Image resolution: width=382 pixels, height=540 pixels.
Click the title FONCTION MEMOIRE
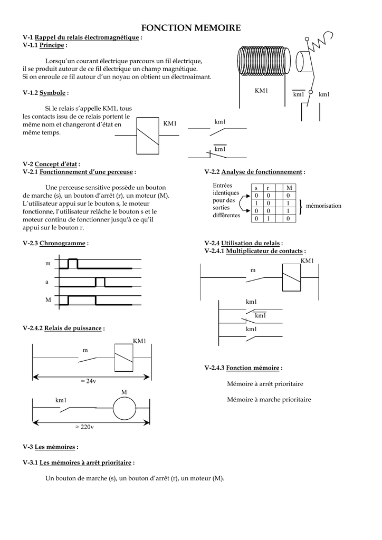pos(191,27)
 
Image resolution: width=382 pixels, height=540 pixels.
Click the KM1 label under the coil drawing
pos(262,91)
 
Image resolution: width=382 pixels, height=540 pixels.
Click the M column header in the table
pos(288,188)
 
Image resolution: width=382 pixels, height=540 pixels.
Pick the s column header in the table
pos(256,188)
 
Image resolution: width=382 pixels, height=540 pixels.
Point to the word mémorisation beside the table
pos(323,206)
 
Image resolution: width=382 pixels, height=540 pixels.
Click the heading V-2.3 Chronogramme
pos(55,243)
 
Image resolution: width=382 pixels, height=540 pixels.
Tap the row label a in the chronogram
pos(46,282)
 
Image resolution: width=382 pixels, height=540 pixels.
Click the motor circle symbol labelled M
pos(125,407)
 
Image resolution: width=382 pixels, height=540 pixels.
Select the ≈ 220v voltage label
pos(84,427)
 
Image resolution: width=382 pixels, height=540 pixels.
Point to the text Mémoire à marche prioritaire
pos(269,400)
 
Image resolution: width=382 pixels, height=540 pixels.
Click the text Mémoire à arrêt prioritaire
pos(265,384)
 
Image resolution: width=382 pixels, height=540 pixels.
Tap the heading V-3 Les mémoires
pos(51,447)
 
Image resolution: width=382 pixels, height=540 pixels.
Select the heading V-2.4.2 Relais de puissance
pos(63,328)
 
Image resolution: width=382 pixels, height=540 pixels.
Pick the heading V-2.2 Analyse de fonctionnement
pos(254,172)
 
